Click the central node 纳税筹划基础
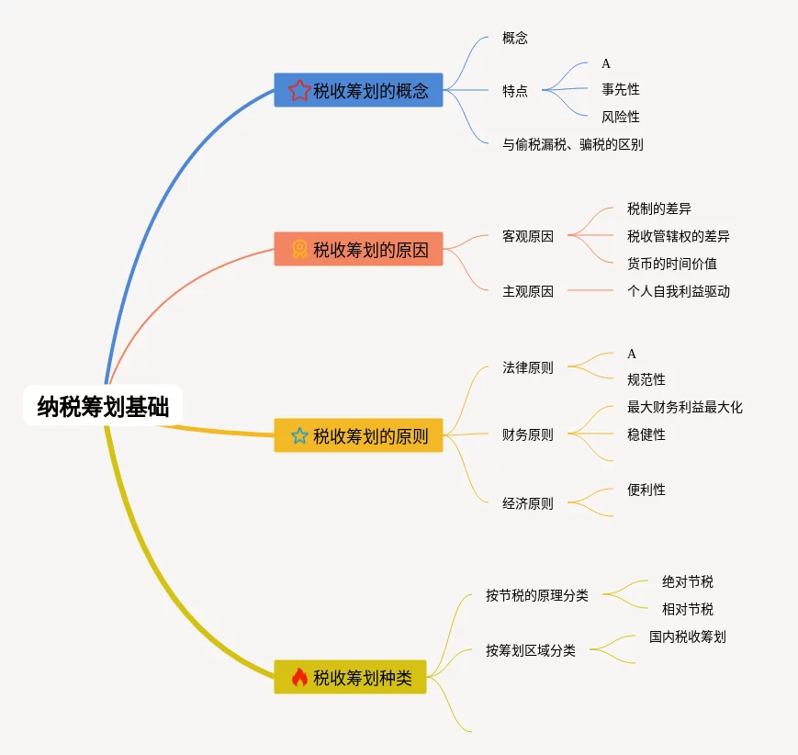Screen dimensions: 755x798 pyautogui.click(x=103, y=406)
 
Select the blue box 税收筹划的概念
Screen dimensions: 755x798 pyautogui.click(x=358, y=90)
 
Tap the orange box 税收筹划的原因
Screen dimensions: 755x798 pyautogui.click(x=358, y=249)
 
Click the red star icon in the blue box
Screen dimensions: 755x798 pyautogui.click(x=299, y=90)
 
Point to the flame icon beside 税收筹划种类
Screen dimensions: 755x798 pyautogui.click(x=299, y=678)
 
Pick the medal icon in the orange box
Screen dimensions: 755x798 pyautogui.click(x=299, y=249)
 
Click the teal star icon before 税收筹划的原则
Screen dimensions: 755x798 pyautogui.click(x=299, y=435)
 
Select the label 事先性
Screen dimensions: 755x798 pyautogui.click(x=621, y=89)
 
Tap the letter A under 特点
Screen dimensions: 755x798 pyautogui.click(x=606, y=63)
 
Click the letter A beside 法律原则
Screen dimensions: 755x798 pyautogui.click(x=632, y=354)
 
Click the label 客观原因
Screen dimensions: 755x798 pyautogui.click(x=528, y=236)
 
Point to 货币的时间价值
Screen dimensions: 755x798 pyautogui.click(x=672, y=264)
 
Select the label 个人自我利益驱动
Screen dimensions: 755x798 pyautogui.click(x=679, y=291)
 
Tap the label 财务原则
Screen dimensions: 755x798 pyautogui.click(x=528, y=434)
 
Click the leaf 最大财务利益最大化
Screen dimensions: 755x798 pyautogui.click(x=685, y=407)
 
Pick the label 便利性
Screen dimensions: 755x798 pyautogui.click(x=646, y=490)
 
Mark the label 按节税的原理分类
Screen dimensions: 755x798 pyautogui.click(x=537, y=595)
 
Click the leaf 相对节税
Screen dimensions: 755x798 pyautogui.click(x=688, y=609)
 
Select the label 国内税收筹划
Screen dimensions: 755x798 pyautogui.click(x=688, y=637)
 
